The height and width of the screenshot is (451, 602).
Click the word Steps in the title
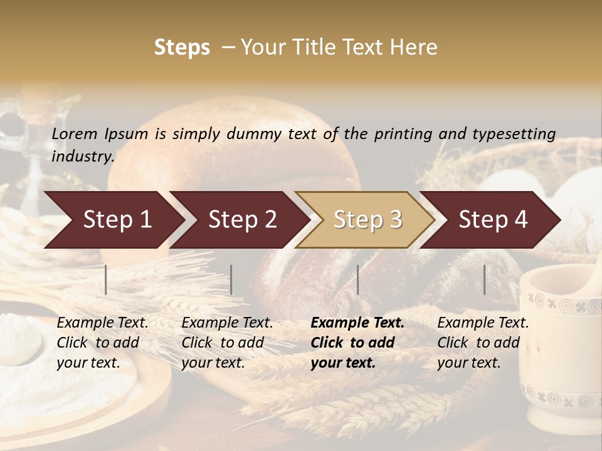click(182, 48)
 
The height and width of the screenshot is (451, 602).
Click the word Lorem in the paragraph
click(74, 134)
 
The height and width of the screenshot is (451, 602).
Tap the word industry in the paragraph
click(82, 157)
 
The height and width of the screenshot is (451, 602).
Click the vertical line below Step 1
click(106, 279)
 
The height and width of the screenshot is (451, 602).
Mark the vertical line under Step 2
click(231, 279)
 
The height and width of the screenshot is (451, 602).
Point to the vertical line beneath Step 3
click(358, 279)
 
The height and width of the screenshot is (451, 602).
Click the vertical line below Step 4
click(485, 279)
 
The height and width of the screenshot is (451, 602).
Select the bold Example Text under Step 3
click(357, 323)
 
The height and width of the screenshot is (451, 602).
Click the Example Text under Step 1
click(102, 323)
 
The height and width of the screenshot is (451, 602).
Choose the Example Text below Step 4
click(483, 323)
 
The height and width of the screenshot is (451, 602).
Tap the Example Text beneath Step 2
click(227, 323)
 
